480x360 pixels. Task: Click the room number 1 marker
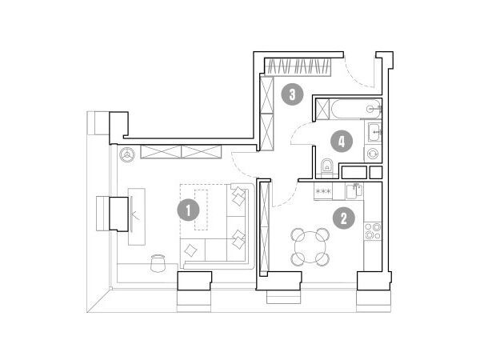[x=188, y=210]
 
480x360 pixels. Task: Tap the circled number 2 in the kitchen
[x=344, y=218]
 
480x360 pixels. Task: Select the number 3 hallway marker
[x=292, y=94]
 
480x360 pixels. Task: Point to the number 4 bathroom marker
[x=342, y=142]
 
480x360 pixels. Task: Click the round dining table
[x=310, y=247]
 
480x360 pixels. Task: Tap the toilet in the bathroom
[x=327, y=168]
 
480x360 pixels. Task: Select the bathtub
[x=356, y=109]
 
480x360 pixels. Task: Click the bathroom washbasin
[x=374, y=132]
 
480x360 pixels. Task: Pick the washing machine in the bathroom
[x=373, y=154]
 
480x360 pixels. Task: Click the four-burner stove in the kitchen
[x=373, y=231]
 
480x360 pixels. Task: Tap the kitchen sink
[x=354, y=190]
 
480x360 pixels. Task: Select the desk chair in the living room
[x=158, y=262]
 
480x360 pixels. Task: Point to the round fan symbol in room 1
[x=127, y=154]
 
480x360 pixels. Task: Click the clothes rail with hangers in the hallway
[x=298, y=67]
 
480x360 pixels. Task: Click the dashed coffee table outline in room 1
[x=202, y=210]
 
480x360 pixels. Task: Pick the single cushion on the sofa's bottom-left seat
[x=191, y=250]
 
